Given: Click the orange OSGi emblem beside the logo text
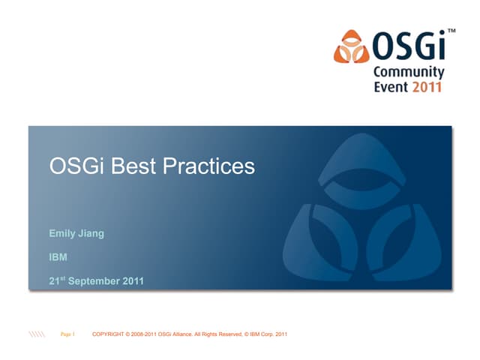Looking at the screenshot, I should (352, 47).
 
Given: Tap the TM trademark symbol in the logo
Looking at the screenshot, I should (451, 32).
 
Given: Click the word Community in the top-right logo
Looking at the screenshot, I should (409, 73).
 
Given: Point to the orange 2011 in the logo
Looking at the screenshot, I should (427, 87).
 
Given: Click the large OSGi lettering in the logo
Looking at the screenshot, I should (409, 47).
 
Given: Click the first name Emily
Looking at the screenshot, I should (62, 233).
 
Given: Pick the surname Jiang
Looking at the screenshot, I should (91, 233).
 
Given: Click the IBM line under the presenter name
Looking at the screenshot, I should (58, 257).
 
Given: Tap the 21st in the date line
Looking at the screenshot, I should (57, 281).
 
